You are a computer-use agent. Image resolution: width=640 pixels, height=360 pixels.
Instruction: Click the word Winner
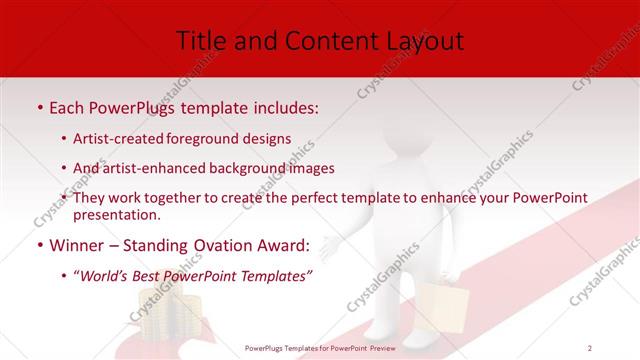[74, 244]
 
